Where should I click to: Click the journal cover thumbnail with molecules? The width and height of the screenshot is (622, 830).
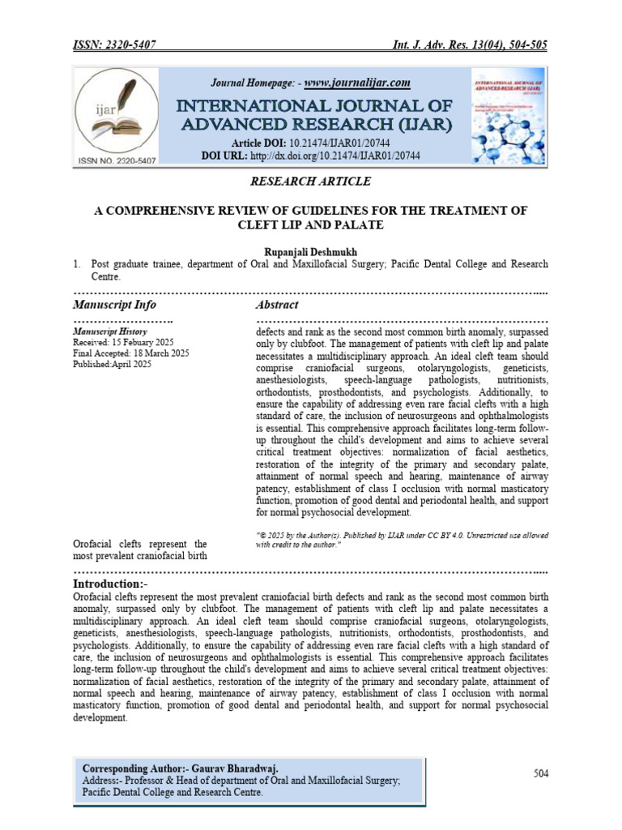(x=508, y=117)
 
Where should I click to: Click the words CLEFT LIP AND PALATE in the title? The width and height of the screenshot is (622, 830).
(x=311, y=225)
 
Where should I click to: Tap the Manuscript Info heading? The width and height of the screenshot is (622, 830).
(x=114, y=306)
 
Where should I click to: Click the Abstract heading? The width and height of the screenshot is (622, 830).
(x=276, y=306)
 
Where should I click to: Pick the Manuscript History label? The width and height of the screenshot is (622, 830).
(x=109, y=332)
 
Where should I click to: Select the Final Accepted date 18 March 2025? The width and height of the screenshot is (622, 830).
(x=130, y=353)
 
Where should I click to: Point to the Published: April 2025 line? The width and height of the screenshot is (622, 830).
(x=112, y=365)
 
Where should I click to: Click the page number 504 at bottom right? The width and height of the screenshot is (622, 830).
(x=541, y=774)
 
